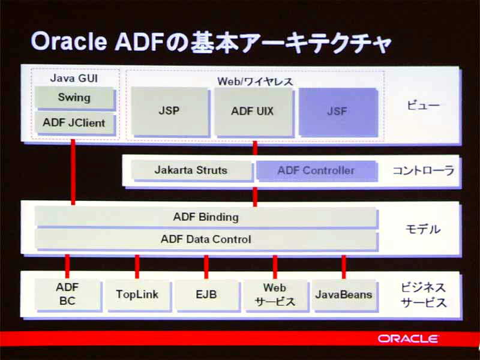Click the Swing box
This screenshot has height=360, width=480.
point(75,98)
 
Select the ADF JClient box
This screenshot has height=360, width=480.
point(75,123)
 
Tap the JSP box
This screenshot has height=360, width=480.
point(170,112)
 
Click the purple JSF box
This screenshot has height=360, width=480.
point(338,112)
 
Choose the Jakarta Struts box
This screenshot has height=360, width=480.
point(191,170)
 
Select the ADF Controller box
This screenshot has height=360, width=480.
point(317,170)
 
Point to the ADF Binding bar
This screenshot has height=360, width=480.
point(206,217)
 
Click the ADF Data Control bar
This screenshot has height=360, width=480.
point(206,239)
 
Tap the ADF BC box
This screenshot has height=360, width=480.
point(68,295)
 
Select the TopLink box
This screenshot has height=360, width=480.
point(137,295)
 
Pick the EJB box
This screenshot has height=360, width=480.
point(206,295)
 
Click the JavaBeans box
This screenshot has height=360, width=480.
point(344,295)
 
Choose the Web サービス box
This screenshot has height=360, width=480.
point(275,295)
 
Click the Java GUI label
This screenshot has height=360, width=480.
point(74,78)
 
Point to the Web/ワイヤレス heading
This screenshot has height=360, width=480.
point(255,82)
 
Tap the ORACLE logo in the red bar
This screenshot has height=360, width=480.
point(408,338)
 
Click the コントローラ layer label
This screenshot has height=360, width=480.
point(424,171)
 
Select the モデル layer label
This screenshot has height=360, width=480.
point(423,229)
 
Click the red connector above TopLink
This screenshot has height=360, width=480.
point(137,266)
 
